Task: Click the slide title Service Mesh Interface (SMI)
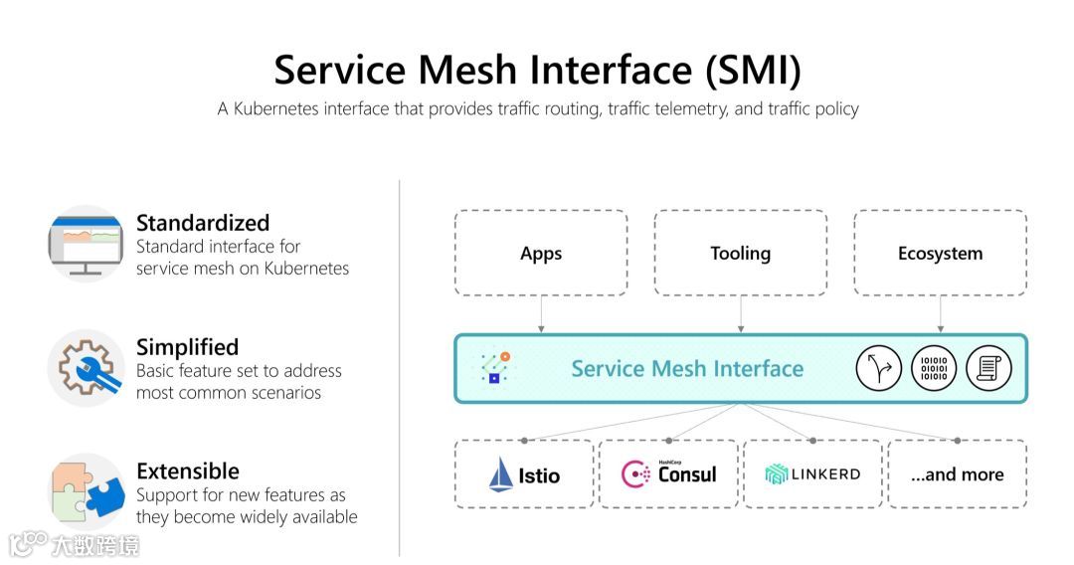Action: coord(537,70)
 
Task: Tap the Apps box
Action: coord(541,253)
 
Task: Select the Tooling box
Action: coord(740,253)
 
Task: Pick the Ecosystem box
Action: coord(940,253)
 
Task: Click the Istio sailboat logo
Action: coord(499,473)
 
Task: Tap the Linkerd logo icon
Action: coord(776,474)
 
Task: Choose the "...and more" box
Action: coord(957,474)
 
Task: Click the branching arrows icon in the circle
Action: coord(878,369)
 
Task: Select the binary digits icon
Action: coord(934,369)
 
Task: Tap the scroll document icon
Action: coord(988,369)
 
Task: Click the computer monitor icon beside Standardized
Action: coord(85,244)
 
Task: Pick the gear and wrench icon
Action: coord(85,368)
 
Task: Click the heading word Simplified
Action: coord(187,347)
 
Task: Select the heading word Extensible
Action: coord(188,471)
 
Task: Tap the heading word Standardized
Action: coord(203,223)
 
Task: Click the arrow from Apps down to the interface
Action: coord(541,314)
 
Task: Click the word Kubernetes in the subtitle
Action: coord(273,108)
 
